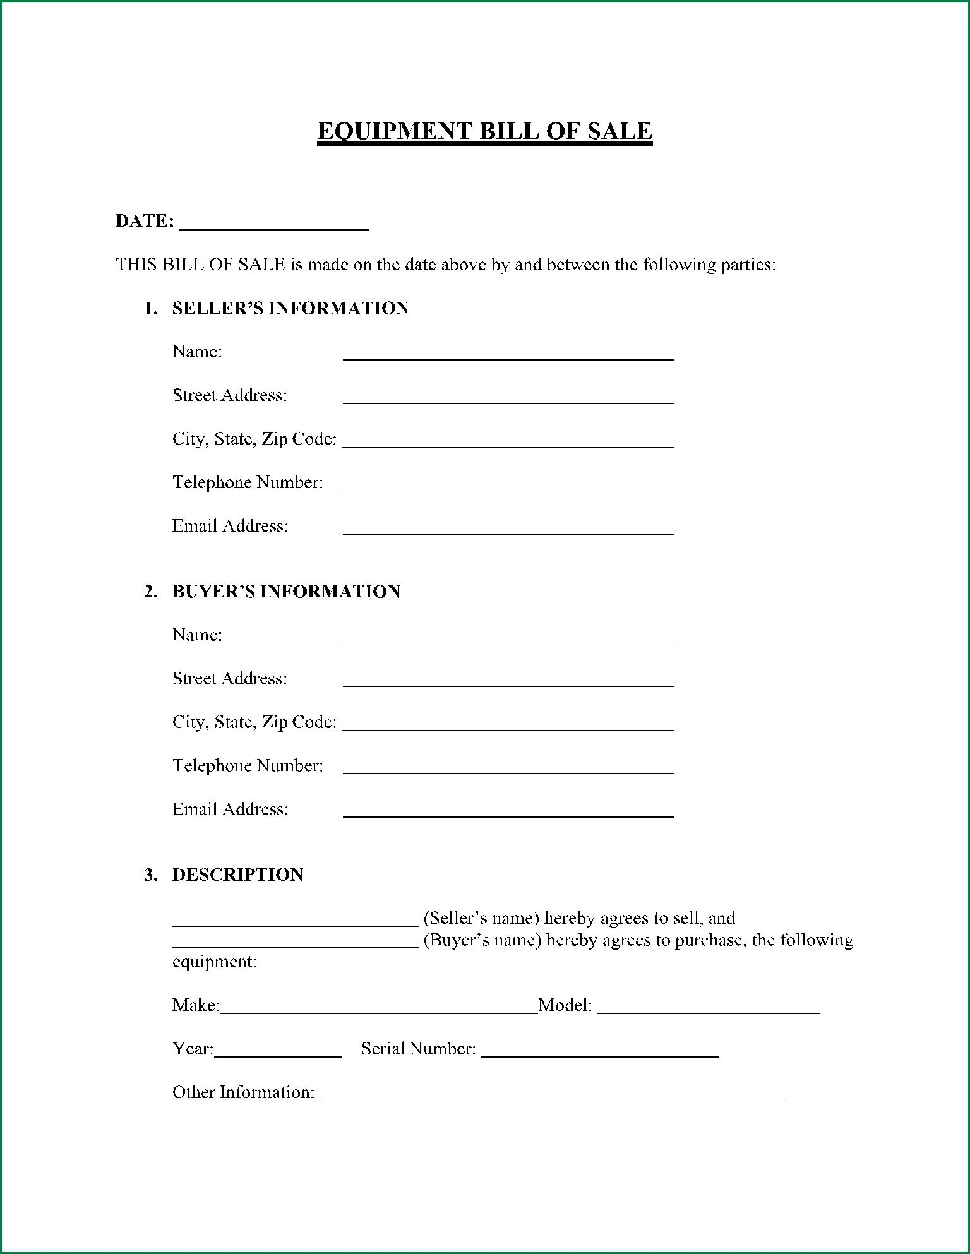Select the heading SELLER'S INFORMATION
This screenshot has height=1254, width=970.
290,308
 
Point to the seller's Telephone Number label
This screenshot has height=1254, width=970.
248,482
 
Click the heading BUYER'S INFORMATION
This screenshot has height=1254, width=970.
286,592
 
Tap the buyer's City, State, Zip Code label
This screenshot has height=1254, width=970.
254,722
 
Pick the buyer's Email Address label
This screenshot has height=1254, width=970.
231,809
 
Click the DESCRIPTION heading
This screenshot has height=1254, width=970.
237,875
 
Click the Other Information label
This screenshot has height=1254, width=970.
243,1092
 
